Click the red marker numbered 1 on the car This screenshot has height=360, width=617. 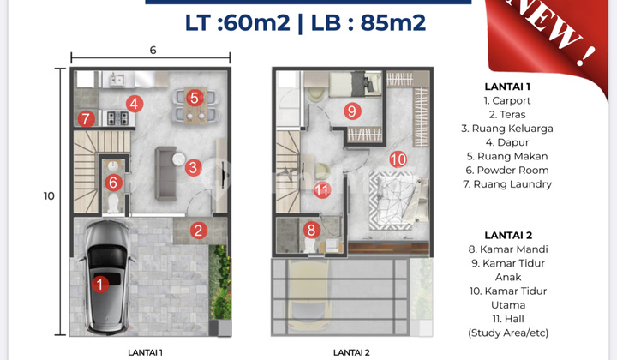coord(99,285)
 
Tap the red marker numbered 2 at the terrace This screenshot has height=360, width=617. coord(198,230)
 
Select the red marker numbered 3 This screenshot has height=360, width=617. coord(194,168)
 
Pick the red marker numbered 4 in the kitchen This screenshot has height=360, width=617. coord(134,105)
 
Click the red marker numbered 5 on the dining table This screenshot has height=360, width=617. coord(195,98)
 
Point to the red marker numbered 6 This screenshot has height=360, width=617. coord(113,182)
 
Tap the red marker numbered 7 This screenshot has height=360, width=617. coord(85,119)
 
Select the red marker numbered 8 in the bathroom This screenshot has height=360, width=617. coord(312,230)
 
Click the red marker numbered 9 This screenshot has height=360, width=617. coord(351,111)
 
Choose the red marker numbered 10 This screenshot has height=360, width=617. coord(397,159)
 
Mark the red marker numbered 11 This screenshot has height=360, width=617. coord(321,190)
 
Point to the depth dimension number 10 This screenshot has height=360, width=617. coord(49,195)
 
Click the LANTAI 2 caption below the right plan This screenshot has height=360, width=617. coord(351,351)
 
